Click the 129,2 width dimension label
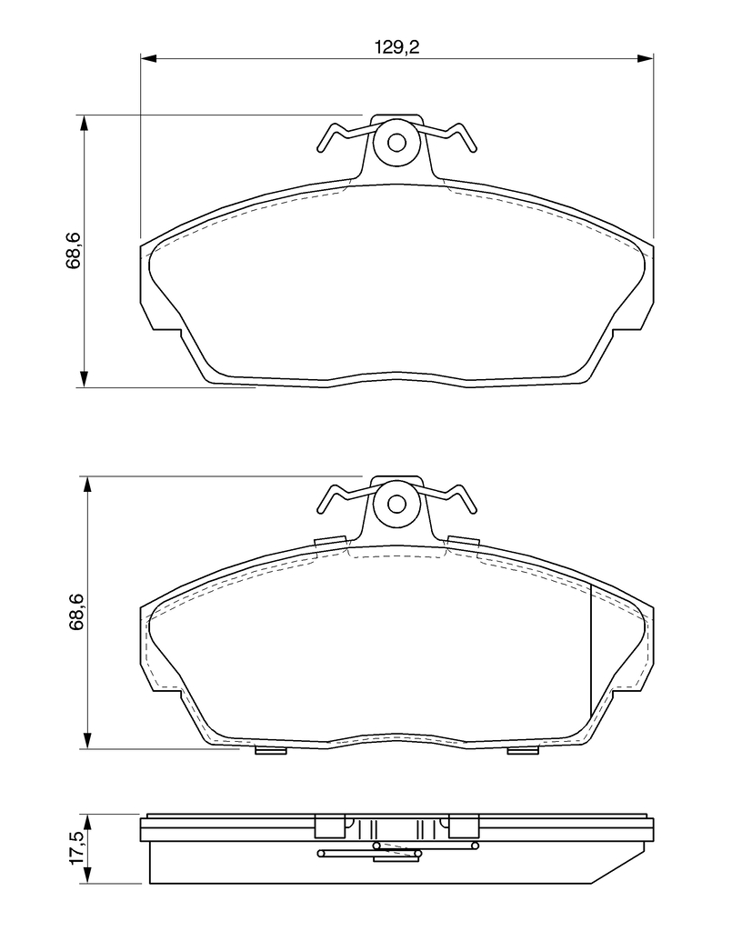pyautogui.click(x=396, y=47)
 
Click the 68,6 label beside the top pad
pyautogui.click(x=73, y=252)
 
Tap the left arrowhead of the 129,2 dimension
pyautogui.click(x=148, y=58)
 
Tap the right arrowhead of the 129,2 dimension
pyautogui.click(x=645, y=58)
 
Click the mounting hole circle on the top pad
pyautogui.click(x=396, y=143)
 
